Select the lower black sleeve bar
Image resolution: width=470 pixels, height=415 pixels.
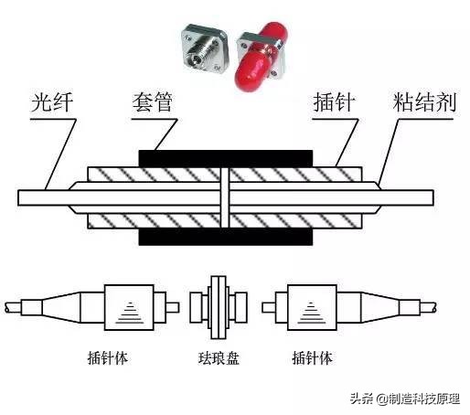coord(225,237)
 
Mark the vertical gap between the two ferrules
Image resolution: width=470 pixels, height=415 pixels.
coord(225,197)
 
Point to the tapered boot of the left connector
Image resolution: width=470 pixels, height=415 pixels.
coord(60,304)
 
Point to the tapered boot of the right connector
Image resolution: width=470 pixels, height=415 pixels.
coord(371,304)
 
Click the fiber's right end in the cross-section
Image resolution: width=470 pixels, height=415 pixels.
coord(439,197)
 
